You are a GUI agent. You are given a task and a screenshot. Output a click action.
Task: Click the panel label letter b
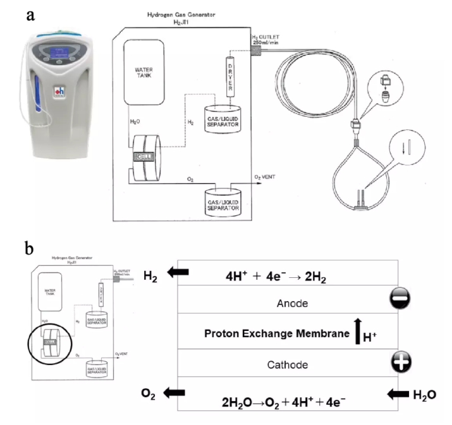coord(30,248)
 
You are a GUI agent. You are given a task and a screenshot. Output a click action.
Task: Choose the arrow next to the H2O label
coord(398,395)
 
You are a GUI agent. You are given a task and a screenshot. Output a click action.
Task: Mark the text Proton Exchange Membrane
coord(275,333)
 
